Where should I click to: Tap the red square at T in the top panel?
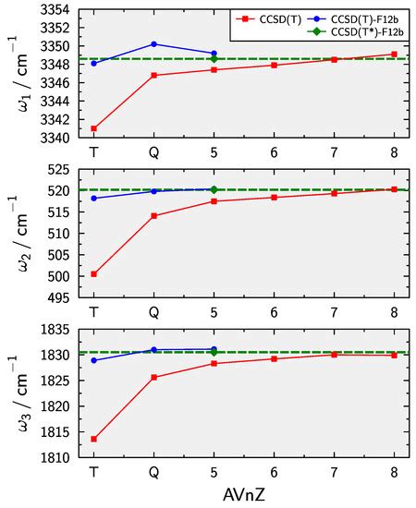point(94,128)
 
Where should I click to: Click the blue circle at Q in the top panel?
point(153,43)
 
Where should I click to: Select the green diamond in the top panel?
point(214,59)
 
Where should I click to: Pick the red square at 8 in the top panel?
point(394,54)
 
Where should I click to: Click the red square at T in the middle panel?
point(94,273)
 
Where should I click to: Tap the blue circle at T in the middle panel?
point(94,199)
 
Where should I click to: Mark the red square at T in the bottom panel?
point(94,439)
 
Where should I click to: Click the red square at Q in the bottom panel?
point(153,377)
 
